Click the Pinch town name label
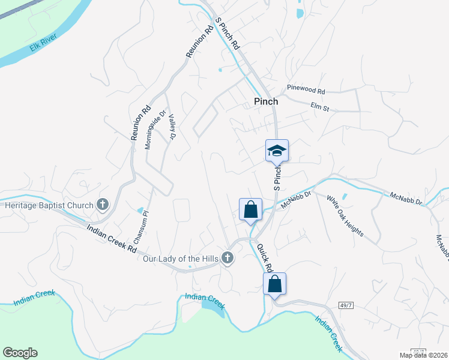(x=266, y=101)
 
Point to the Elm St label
(x=321, y=108)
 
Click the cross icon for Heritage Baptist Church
(x=103, y=205)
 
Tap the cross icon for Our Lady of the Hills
(x=227, y=259)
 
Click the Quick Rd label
(x=265, y=257)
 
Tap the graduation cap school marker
(x=277, y=151)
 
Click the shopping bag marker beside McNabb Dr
(x=250, y=210)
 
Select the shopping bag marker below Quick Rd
(x=274, y=284)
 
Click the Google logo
(x=20, y=353)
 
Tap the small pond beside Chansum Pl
(x=140, y=211)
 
